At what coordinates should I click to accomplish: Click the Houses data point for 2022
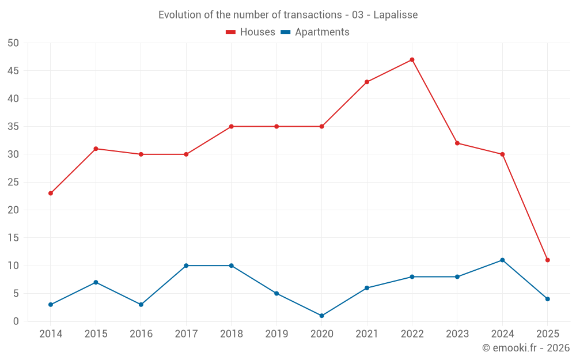tap(412, 60)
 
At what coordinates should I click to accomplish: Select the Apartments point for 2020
tap(321, 316)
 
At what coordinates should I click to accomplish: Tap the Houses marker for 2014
tap(51, 194)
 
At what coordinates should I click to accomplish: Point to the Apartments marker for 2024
tap(502, 260)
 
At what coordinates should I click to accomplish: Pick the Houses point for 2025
tap(547, 260)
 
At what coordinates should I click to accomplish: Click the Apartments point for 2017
tap(186, 266)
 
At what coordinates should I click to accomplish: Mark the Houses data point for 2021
tap(367, 82)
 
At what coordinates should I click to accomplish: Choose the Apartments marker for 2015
tap(96, 282)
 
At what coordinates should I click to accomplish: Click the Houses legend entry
tap(251, 32)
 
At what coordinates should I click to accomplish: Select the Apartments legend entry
tap(315, 32)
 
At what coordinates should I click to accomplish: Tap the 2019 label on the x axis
tap(276, 334)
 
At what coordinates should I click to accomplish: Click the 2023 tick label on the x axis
tap(457, 334)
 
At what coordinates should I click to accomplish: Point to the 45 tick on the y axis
tap(13, 71)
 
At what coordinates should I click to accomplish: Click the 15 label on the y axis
tap(13, 238)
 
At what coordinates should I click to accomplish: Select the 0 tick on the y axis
tap(16, 321)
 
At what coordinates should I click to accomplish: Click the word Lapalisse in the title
tap(395, 15)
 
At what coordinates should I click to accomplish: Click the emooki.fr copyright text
tap(526, 348)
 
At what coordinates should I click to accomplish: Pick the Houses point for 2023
tap(457, 143)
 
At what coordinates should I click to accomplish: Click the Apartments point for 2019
tap(276, 294)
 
